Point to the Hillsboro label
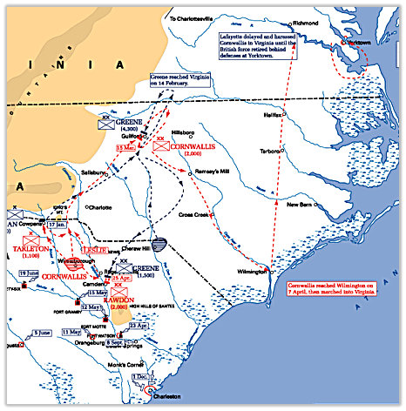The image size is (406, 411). (185, 132)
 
